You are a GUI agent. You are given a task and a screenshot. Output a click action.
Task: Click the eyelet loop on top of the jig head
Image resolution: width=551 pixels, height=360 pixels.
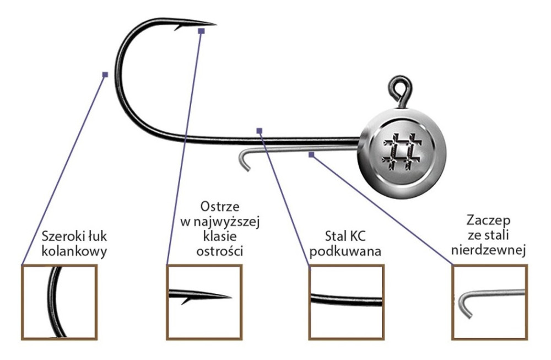(398, 88)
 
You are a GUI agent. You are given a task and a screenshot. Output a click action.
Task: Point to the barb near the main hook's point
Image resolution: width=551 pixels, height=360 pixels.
(178, 27)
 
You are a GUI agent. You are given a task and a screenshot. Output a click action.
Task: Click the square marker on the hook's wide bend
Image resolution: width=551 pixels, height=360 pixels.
(105, 74)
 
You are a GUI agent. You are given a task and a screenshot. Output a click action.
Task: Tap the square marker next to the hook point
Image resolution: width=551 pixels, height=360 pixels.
(201, 31)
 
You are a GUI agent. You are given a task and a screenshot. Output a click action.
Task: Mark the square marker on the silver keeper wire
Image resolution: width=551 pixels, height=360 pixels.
(311, 155)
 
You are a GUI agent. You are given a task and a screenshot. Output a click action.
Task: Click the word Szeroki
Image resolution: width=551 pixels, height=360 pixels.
(60, 238)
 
